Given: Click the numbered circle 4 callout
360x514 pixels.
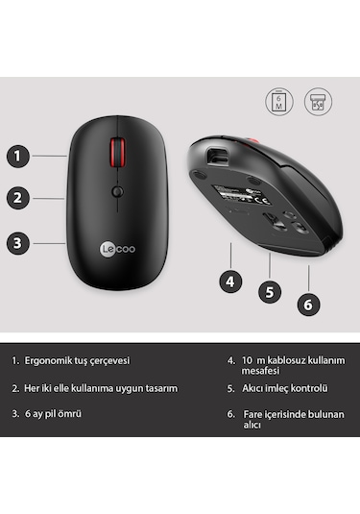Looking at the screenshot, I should click(x=228, y=281).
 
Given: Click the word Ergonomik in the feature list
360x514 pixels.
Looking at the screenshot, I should click(x=53, y=361).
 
